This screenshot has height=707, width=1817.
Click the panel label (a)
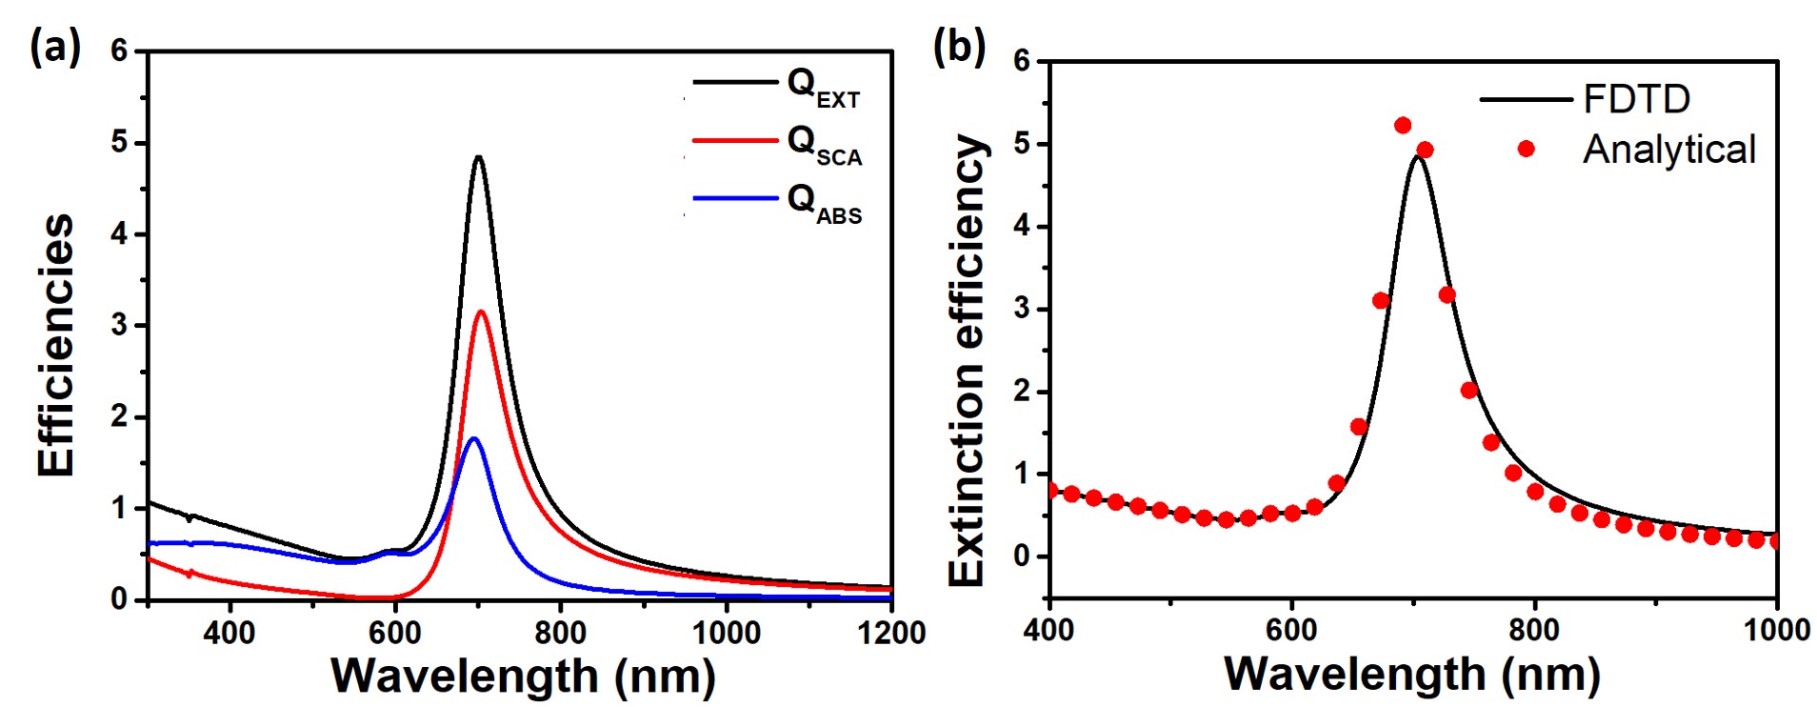coord(55,46)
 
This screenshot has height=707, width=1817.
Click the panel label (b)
coord(959,46)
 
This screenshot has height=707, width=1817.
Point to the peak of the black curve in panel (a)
coord(478,157)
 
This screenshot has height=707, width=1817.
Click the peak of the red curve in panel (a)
coord(481,312)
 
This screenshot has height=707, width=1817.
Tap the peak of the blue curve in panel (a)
coord(473,438)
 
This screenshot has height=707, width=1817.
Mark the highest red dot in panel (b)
coord(1403,126)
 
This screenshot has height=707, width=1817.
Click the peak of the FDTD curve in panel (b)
coord(1419,156)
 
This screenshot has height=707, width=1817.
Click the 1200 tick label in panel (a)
coord(890,633)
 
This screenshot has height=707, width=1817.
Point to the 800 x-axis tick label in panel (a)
coord(560,633)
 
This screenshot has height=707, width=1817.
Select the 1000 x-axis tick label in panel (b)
coord(1776,630)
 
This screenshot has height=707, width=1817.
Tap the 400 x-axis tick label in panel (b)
coord(1049,630)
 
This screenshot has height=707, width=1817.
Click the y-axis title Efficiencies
coord(55,345)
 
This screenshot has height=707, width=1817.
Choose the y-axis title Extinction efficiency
coord(966,360)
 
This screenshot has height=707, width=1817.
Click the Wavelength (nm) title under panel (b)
coord(1411,674)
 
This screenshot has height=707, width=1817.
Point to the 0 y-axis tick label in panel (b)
coord(1022,555)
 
